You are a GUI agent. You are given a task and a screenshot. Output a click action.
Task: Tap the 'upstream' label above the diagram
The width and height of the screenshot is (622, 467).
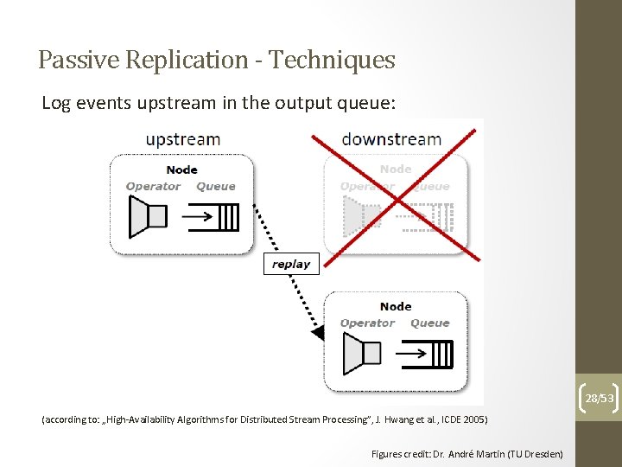(x=182, y=139)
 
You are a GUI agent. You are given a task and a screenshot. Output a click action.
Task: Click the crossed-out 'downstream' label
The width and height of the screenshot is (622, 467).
(x=391, y=139)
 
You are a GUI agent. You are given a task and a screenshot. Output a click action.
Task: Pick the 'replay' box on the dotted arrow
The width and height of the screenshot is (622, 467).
(x=291, y=264)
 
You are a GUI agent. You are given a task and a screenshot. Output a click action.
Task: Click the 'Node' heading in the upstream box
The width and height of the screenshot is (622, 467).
(x=181, y=170)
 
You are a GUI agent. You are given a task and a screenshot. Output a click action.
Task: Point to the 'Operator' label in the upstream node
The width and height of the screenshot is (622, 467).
(x=153, y=186)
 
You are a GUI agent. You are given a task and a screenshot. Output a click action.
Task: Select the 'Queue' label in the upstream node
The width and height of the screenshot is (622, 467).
(x=215, y=186)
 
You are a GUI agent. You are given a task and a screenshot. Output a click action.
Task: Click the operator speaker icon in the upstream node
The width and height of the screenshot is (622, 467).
(x=146, y=216)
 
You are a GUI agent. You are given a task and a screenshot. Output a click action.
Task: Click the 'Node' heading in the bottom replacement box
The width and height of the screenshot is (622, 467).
(x=396, y=306)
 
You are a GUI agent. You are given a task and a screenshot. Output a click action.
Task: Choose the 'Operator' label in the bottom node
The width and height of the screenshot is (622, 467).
(x=367, y=323)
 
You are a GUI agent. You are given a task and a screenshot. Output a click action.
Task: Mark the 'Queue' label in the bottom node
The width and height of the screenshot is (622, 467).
(x=430, y=323)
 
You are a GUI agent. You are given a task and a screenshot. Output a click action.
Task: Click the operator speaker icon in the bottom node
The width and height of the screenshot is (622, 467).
(x=361, y=353)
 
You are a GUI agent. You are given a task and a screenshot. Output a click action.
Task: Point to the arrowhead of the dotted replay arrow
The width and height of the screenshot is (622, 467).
(x=317, y=333)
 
